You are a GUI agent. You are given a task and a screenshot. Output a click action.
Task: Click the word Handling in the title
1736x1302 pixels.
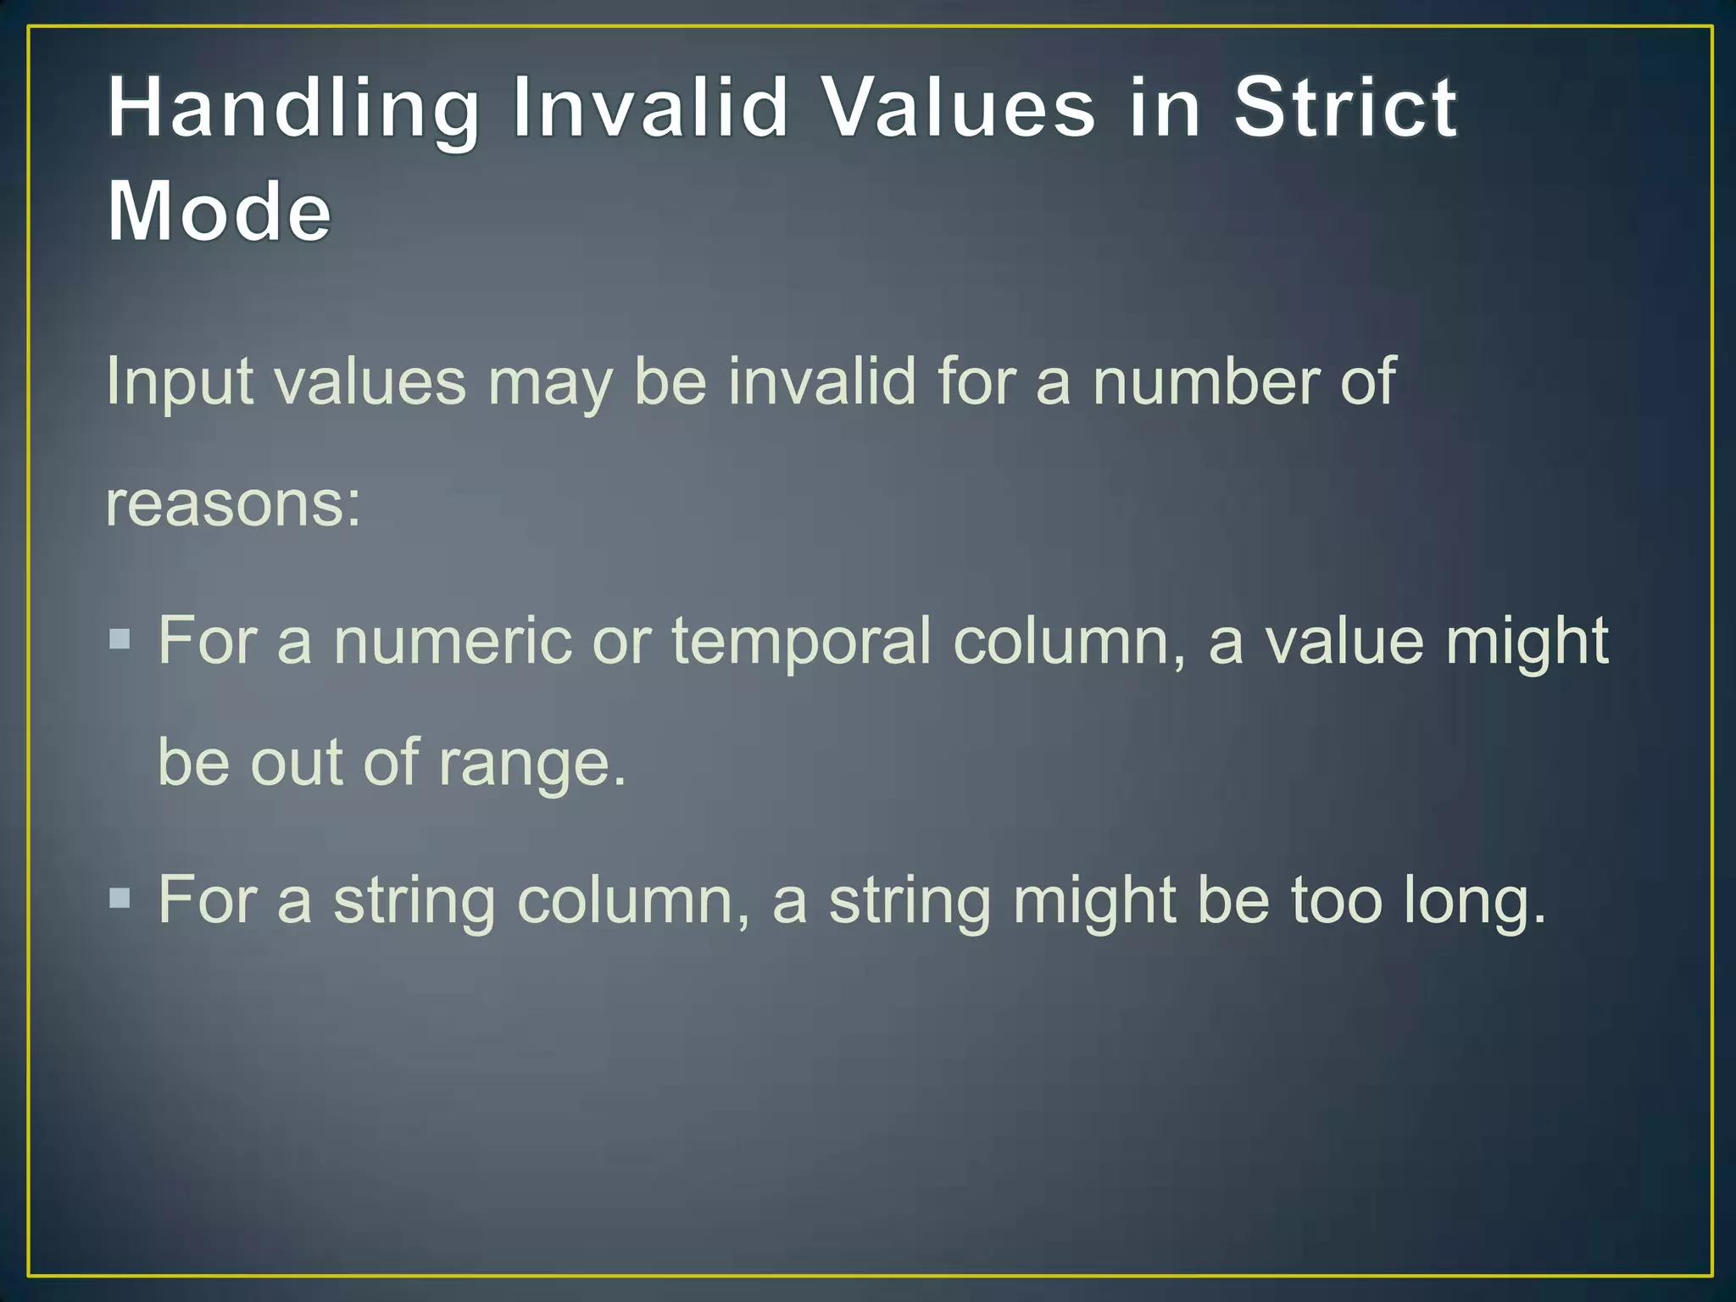point(293,109)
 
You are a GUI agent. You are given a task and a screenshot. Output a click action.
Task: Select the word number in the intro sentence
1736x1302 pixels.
point(1204,381)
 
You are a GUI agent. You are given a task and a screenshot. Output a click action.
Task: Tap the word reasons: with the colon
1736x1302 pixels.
point(233,504)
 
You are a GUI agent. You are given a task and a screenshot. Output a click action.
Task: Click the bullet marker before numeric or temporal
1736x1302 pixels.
point(120,637)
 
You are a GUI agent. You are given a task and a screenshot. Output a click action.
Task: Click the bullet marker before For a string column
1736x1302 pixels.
point(120,897)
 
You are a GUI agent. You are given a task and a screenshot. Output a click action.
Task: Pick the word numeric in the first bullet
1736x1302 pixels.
point(453,641)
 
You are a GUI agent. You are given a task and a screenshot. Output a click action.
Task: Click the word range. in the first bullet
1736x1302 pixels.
point(532,763)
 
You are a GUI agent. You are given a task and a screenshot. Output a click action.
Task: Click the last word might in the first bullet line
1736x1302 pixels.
point(1527,643)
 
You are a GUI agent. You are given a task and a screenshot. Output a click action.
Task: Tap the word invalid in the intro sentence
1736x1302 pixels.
point(821,381)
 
